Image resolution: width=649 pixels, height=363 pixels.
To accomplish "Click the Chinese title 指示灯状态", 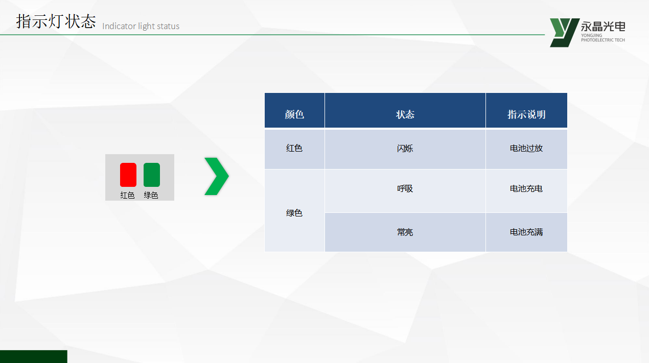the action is click(56, 21).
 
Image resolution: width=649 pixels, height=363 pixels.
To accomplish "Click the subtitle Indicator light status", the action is click(141, 26).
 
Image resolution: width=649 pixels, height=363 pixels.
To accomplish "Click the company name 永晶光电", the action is click(603, 27).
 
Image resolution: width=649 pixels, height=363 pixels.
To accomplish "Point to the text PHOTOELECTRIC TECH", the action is click(603, 40).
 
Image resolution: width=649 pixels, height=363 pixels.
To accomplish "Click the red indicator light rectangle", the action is click(128, 175).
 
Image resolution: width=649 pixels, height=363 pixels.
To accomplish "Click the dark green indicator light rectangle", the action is click(152, 175).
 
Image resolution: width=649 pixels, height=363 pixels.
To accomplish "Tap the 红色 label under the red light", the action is click(127, 195).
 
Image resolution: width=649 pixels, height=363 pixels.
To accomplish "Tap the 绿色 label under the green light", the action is click(151, 195).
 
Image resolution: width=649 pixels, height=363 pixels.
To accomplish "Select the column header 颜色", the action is click(294, 114).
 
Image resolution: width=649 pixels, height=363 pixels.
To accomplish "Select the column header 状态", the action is click(405, 114).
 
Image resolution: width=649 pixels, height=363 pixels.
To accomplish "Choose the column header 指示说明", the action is click(526, 114).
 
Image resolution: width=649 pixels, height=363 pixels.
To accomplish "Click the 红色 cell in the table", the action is click(294, 148).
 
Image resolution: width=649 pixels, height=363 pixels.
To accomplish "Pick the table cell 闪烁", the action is click(405, 149).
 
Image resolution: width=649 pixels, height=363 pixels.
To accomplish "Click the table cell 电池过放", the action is click(526, 148).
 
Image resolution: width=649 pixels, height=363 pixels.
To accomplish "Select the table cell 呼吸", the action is click(405, 189).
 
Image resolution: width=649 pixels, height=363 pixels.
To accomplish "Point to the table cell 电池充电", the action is click(526, 189).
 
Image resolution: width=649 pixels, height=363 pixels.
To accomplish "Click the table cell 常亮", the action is click(405, 232).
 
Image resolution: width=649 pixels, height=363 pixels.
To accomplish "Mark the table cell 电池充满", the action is click(526, 232).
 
